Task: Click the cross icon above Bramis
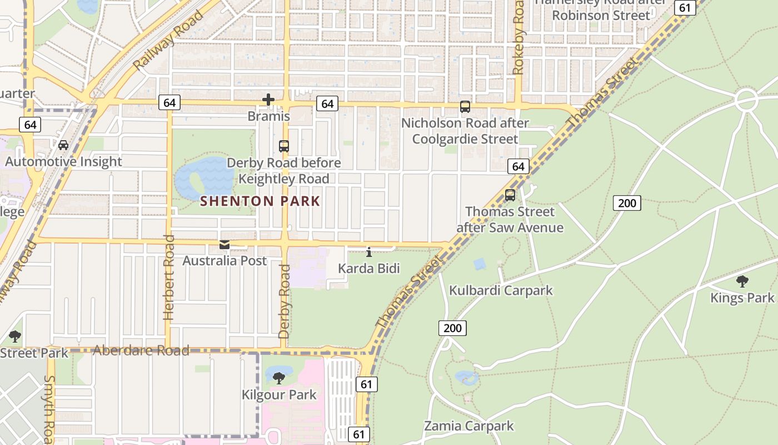[268, 100]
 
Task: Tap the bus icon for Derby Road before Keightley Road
[284, 146]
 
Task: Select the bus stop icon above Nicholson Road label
[465, 107]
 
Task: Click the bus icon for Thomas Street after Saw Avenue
[510, 195]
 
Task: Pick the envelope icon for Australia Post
[225, 245]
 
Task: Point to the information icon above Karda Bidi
[369, 253]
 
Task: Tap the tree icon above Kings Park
[742, 281]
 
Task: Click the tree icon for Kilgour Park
[279, 378]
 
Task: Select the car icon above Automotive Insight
[63, 145]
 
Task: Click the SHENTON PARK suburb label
[260, 201]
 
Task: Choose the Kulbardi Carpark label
[501, 290]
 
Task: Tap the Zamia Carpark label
[469, 426]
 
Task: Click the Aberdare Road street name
[141, 350]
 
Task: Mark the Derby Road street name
[285, 301]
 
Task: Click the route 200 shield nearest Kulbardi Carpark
[452, 328]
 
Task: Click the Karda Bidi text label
[369, 269]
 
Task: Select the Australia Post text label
[225, 261]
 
